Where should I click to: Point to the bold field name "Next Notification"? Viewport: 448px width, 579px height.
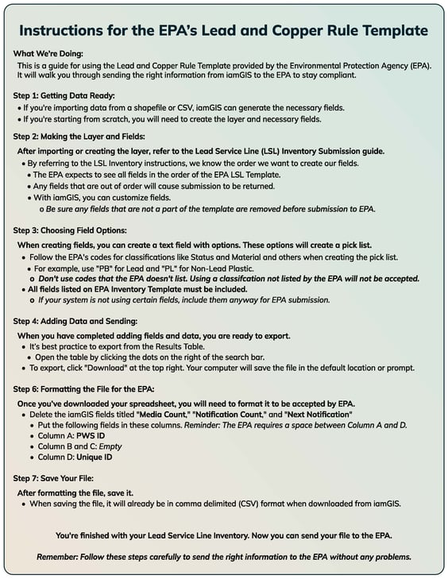[314, 415]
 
